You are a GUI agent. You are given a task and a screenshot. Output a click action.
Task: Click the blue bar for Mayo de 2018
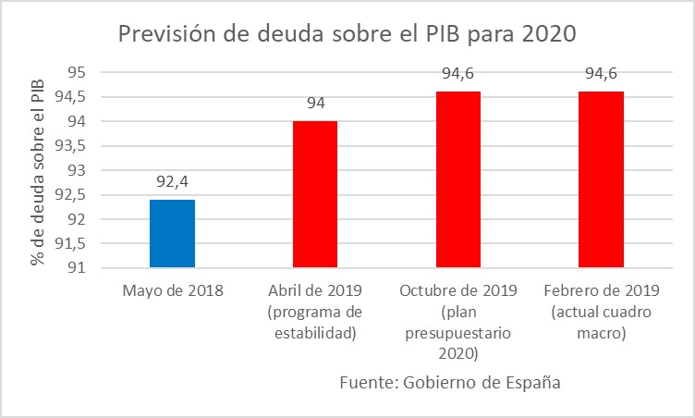click(172, 233)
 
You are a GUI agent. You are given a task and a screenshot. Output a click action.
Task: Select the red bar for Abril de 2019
click(315, 194)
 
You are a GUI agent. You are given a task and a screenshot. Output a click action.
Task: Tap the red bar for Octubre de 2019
click(457, 179)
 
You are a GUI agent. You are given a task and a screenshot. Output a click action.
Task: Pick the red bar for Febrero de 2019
click(601, 179)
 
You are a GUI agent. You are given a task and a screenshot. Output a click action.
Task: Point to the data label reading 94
click(315, 104)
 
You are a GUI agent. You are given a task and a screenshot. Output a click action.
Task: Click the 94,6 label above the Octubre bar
click(457, 74)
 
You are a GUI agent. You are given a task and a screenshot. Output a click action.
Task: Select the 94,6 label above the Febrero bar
click(601, 74)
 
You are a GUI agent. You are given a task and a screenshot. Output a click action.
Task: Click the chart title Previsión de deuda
click(347, 34)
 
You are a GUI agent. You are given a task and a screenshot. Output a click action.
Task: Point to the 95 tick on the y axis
click(77, 73)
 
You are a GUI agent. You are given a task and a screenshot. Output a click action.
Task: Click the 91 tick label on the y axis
click(77, 268)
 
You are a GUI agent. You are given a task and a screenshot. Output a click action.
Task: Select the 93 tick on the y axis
click(77, 171)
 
